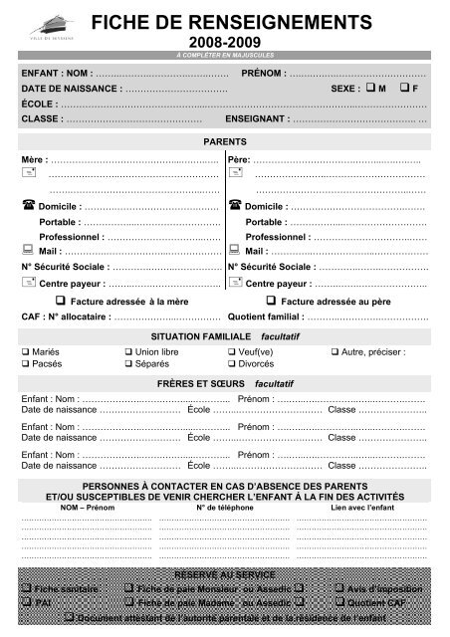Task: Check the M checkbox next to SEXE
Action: click(x=369, y=88)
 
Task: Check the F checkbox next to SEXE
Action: click(x=403, y=88)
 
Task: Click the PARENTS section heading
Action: click(x=225, y=142)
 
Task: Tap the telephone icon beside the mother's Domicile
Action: click(x=28, y=205)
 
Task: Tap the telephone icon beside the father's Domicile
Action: click(x=235, y=205)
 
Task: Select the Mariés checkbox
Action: click(x=26, y=352)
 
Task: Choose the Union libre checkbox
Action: click(x=127, y=352)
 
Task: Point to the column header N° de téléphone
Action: click(x=223, y=508)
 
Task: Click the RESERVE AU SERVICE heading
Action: click(x=224, y=575)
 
